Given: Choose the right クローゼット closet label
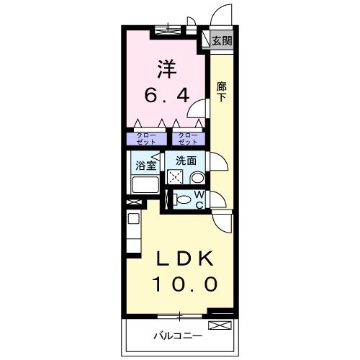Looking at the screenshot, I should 187,137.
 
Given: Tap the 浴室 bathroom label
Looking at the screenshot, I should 147,166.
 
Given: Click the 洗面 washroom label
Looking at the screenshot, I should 186,161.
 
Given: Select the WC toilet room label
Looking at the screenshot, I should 199,199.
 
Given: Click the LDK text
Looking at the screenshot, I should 184,258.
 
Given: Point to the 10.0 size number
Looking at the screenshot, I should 184,285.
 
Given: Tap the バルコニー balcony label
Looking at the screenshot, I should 177,336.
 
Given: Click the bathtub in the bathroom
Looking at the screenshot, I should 146,184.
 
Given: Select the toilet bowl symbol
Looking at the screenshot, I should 183,199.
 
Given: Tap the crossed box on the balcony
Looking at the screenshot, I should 226,328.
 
